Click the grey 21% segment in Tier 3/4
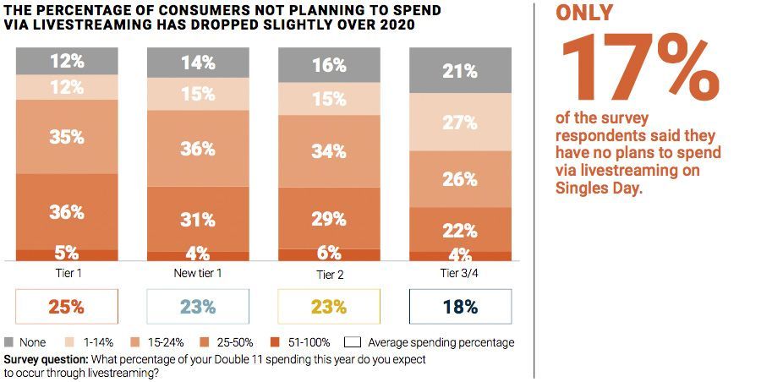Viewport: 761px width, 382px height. (x=460, y=71)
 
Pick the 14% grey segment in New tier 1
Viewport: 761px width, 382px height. (x=198, y=63)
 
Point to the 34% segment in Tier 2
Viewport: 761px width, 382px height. (x=329, y=151)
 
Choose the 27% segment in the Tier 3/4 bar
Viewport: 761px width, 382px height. (x=460, y=122)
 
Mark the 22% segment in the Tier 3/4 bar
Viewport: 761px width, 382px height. (x=460, y=229)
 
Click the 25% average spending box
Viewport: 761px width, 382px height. (x=66, y=307)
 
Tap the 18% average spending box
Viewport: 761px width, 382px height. (x=460, y=307)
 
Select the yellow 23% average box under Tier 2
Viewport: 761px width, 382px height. (x=329, y=307)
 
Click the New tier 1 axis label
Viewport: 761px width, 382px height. (x=198, y=275)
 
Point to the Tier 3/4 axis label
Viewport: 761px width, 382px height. (x=460, y=275)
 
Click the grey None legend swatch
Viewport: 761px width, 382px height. (x=10, y=342)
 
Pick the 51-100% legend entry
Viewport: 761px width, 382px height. (x=300, y=342)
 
